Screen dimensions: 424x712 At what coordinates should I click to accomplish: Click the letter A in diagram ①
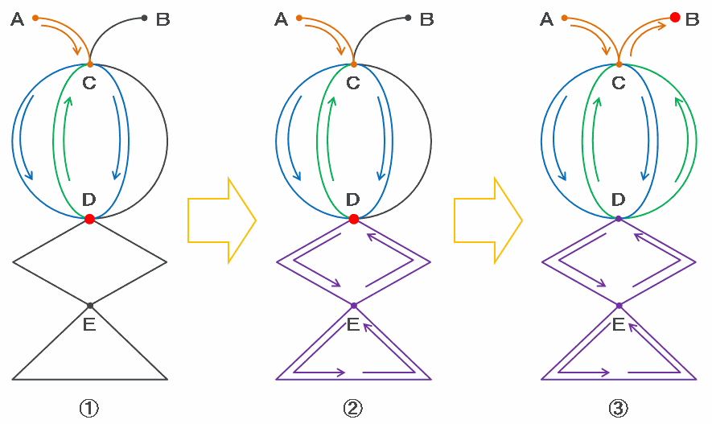coord(17,20)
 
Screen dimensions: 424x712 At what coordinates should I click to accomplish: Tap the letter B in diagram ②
coord(426,20)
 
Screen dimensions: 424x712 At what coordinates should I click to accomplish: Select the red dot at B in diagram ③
coord(674,17)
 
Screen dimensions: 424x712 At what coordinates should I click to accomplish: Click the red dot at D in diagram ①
coord(89,219)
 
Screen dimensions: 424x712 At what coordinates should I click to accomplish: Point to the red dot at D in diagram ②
coord(353,219)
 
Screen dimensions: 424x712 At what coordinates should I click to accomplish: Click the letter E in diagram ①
coord(89,324)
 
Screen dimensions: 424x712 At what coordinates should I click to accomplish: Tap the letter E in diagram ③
coord(619,324)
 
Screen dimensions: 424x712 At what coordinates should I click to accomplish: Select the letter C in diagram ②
coord(353,82)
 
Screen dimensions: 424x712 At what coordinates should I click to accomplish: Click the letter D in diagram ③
coord(619,200)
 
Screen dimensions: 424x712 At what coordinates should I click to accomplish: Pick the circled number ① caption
coord(89,408)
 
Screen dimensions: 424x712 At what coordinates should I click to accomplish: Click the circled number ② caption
coord(353,408)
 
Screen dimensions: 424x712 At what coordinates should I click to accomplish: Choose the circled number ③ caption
coord(618,408)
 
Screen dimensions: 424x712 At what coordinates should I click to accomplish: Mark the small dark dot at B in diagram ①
coord(144,18)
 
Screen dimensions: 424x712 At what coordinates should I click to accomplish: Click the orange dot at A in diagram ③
coord(564,18)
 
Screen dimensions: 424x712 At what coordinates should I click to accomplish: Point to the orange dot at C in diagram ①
coord(89,64)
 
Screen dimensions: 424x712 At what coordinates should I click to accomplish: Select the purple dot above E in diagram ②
coord(353,306)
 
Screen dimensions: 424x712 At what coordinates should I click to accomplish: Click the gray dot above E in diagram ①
coord(89,306)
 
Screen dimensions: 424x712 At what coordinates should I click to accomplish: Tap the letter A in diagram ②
coord(281,20)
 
